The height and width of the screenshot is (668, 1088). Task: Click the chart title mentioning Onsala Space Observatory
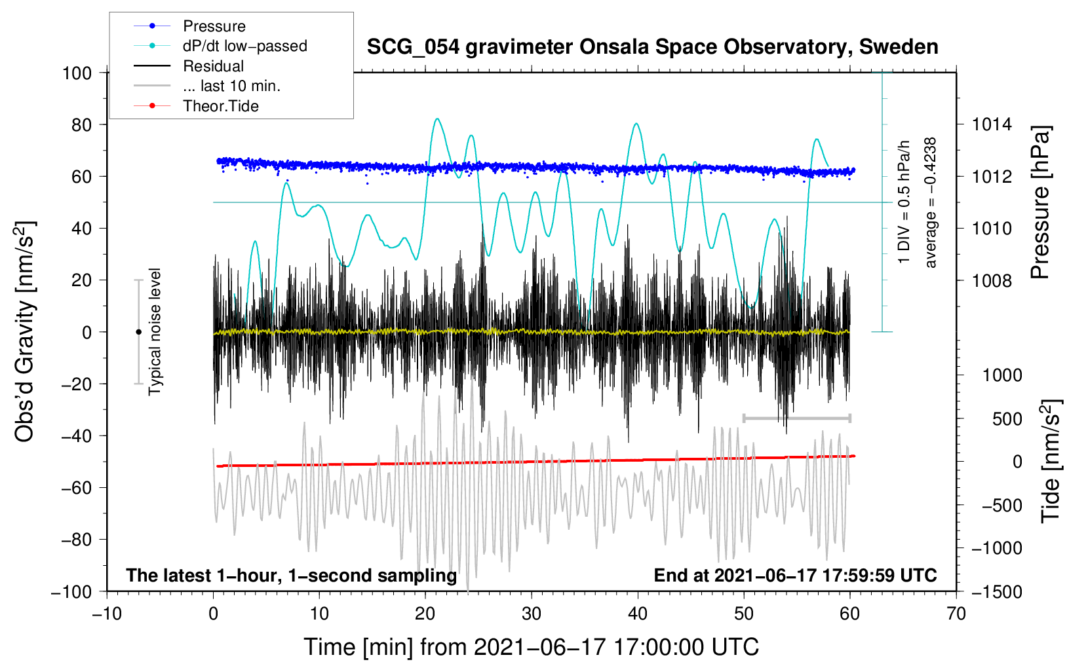[652, 47]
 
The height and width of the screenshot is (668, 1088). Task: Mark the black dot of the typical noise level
[138, 332]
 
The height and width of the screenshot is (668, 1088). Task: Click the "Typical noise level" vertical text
[155, 331]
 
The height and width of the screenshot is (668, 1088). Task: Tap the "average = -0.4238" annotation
[930, 202]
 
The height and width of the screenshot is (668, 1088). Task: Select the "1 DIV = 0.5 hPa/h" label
[904, 202]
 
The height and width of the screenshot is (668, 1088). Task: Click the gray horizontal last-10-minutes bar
[796, 418]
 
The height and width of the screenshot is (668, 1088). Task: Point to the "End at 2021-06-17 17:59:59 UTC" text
[795, 575]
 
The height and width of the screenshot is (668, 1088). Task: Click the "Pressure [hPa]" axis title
[1040, 202]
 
